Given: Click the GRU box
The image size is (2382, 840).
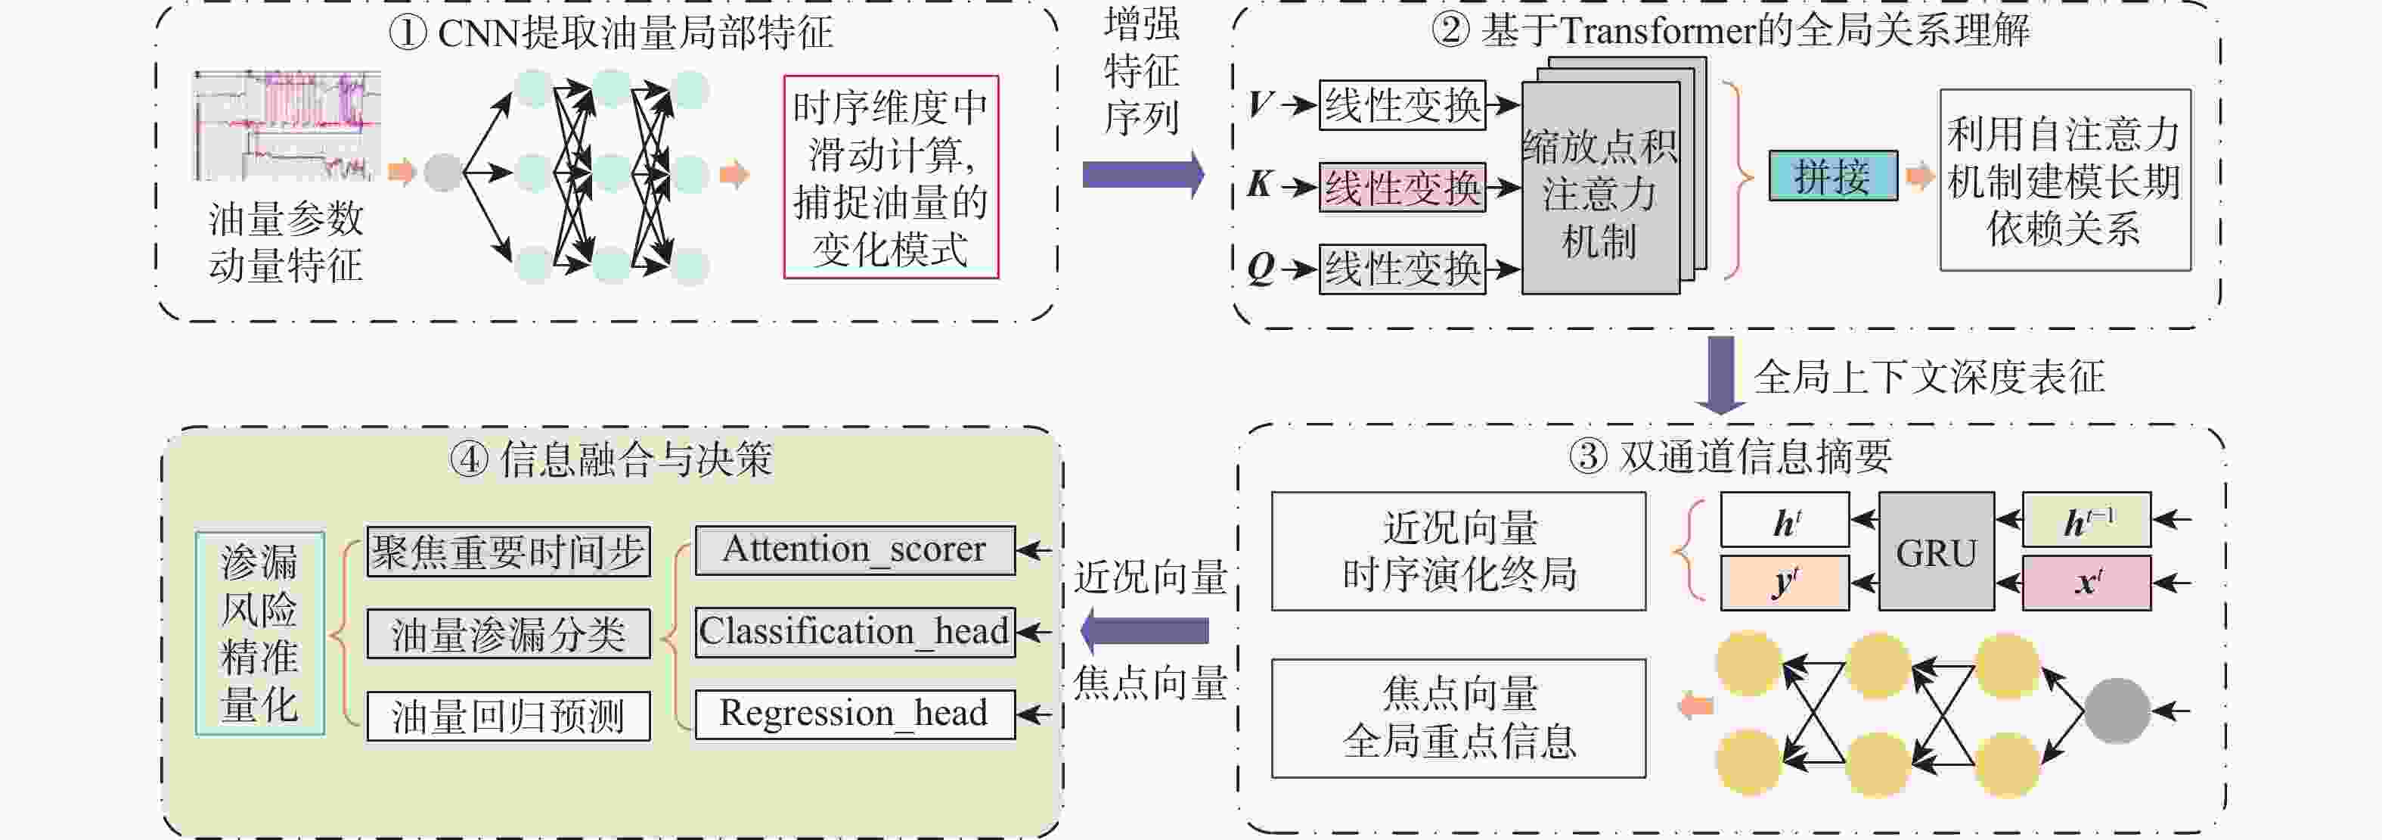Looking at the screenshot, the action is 1935,552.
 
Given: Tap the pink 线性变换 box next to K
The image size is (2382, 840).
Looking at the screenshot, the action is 1402,188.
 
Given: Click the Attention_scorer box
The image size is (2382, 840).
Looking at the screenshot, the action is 855,549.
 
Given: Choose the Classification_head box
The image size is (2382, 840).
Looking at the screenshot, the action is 855,632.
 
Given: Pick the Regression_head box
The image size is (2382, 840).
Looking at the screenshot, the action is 855,714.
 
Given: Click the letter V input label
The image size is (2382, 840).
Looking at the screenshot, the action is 1259,104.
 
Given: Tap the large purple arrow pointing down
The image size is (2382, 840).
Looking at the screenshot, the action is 1720,375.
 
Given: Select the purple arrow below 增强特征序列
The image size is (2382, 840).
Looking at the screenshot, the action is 1143,174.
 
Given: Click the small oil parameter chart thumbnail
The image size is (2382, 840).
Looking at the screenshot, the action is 286,125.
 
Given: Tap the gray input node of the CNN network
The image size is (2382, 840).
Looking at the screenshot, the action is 443,172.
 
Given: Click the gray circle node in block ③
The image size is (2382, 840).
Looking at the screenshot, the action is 2117,711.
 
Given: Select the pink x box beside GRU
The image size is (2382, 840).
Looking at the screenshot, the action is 2086,583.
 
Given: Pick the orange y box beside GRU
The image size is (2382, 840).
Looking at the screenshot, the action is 1785,583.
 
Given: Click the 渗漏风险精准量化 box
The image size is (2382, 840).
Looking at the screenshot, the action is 260,633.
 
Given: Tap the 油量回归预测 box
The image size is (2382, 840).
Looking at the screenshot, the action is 509,716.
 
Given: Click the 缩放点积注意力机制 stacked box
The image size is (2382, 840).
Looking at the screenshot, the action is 1614,176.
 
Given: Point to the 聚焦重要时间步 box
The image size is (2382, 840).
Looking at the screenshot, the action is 509,552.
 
